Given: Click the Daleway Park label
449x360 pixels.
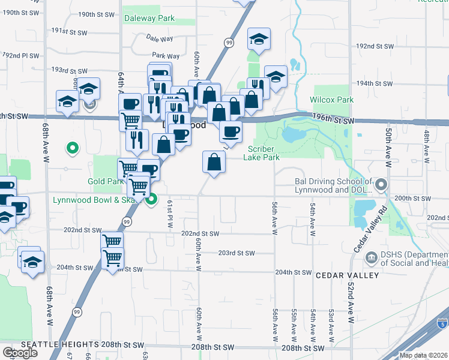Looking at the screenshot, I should tap(149, 18).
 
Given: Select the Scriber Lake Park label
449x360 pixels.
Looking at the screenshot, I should tap(261, 153).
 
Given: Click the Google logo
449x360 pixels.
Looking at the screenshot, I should tap(20, 352).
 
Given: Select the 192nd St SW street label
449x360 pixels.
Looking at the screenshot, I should tap(375, 46).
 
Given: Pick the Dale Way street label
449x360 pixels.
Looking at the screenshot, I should tap(159, 38).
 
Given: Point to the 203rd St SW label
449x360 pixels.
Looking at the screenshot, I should tap(237, 253).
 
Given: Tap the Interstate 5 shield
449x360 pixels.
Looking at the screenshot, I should tap(442, 322).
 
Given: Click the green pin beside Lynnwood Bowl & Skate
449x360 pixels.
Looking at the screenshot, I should tap(152, 200).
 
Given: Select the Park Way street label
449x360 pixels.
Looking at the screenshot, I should tap(161, 56).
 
